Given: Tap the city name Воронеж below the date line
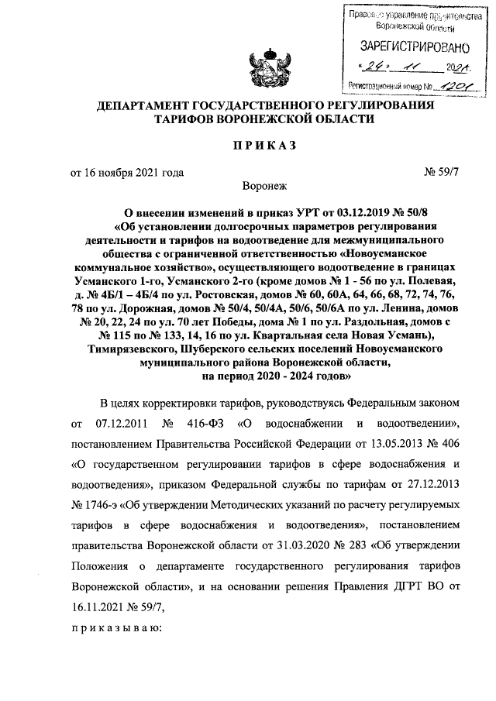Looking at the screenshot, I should [263, 186].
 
